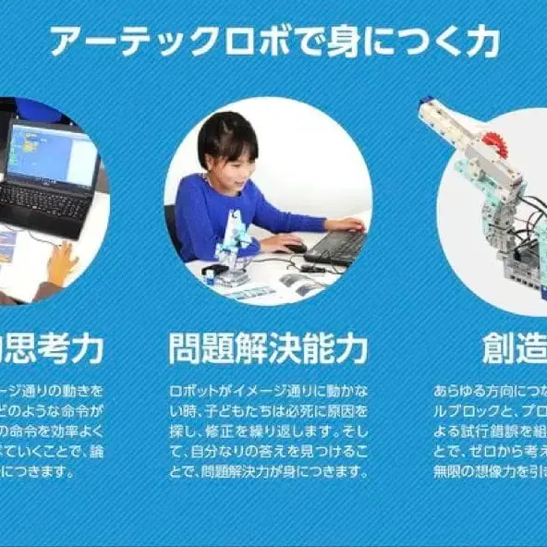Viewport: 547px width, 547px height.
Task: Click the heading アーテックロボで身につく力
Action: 273,41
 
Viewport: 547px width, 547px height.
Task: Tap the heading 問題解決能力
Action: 268,349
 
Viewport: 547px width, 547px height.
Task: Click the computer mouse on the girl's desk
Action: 295,248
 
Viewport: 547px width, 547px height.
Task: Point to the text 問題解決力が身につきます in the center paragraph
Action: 277,471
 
